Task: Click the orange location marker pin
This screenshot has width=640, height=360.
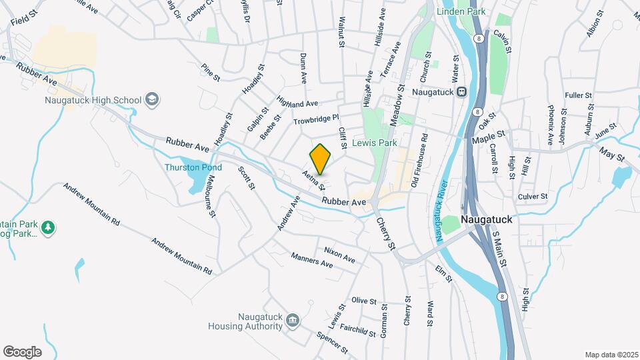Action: (x=321, y=159)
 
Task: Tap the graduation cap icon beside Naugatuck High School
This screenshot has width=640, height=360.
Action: (x=152, y=100)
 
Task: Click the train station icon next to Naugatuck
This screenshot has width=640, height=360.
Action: (x=461, y=92)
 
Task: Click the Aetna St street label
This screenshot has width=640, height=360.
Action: (x=313, y=179)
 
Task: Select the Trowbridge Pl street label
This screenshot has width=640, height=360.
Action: (x=317, y=121)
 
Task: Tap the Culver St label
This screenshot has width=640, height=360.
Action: (x=533, y=197)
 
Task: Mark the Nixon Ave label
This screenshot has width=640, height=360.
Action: (x=339, y=253)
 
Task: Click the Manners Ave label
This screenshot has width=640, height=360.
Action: (x=312, y=259)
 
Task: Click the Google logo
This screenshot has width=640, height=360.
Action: (x=23, y=351)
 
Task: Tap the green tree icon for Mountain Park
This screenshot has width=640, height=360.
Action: (x=47, y=229)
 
